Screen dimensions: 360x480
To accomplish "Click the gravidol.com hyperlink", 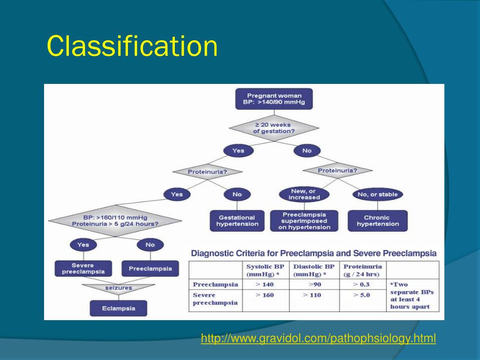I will click(x=318, y=338).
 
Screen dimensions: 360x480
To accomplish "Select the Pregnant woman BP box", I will click(x=274, y=99).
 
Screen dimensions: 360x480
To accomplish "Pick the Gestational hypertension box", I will click(x=237, y=221).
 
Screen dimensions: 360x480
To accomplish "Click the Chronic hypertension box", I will click(x=378, y=221).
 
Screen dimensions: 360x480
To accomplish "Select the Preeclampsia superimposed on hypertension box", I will click(x=304, y=221).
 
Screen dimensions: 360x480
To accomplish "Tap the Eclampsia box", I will click(x=119, y=308).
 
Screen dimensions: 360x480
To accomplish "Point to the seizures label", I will click(x=119, y=288).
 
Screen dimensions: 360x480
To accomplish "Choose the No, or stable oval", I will click(x=378, y=194).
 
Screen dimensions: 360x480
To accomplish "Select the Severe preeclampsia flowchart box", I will click(x=83, y=269).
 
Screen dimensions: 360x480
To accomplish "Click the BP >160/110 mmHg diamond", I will click(x=115, y=221).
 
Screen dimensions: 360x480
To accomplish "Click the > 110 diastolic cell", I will click(x=312, y=295).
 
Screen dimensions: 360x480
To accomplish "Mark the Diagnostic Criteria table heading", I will click(x=314, y=253).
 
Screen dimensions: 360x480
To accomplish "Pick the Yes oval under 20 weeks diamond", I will click(x=239, y=151).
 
